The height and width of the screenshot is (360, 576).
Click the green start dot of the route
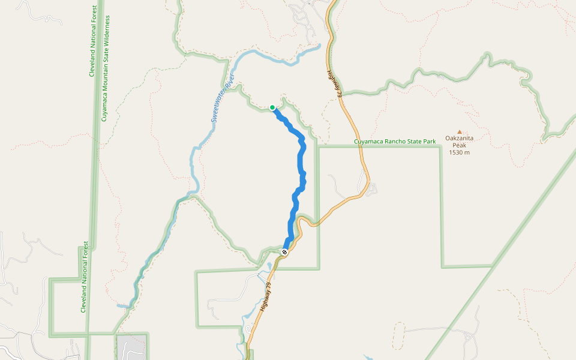(272, 108)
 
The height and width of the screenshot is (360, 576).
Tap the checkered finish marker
(284, 252)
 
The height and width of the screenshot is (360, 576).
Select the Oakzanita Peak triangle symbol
(460, 132)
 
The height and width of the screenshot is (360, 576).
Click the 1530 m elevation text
(459, 152)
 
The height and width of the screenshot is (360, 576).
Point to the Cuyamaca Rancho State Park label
(394, 142)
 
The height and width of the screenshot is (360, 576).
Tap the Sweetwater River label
(221, 98)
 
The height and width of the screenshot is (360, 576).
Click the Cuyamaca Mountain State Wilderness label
(106, 68)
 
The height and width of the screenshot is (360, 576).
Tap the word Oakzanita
(459, 138)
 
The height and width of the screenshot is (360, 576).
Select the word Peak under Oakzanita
(459, 145)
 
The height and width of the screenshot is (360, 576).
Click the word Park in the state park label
(428, 142)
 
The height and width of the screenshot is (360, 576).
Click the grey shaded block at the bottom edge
(132, 347)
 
